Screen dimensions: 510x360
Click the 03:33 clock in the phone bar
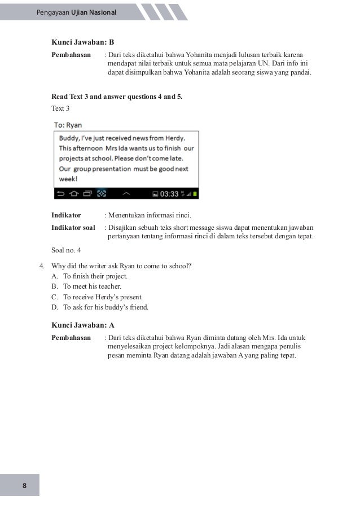pyautogui.click(x=169, y=194)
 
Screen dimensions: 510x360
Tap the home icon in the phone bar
pyautogui.click(x=73, y=194)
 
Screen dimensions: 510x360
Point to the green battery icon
pyautogui.click(x=195, y=194)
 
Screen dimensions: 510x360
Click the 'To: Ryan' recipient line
pyautogui.click(x=68, y=124)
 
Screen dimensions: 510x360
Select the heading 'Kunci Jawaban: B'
pyautogui.click(x=82, y=42)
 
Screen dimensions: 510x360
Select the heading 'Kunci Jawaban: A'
pyautogui.click(x=82, y=325)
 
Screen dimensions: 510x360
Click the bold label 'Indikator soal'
pyautogui.click(x=73, y=227)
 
